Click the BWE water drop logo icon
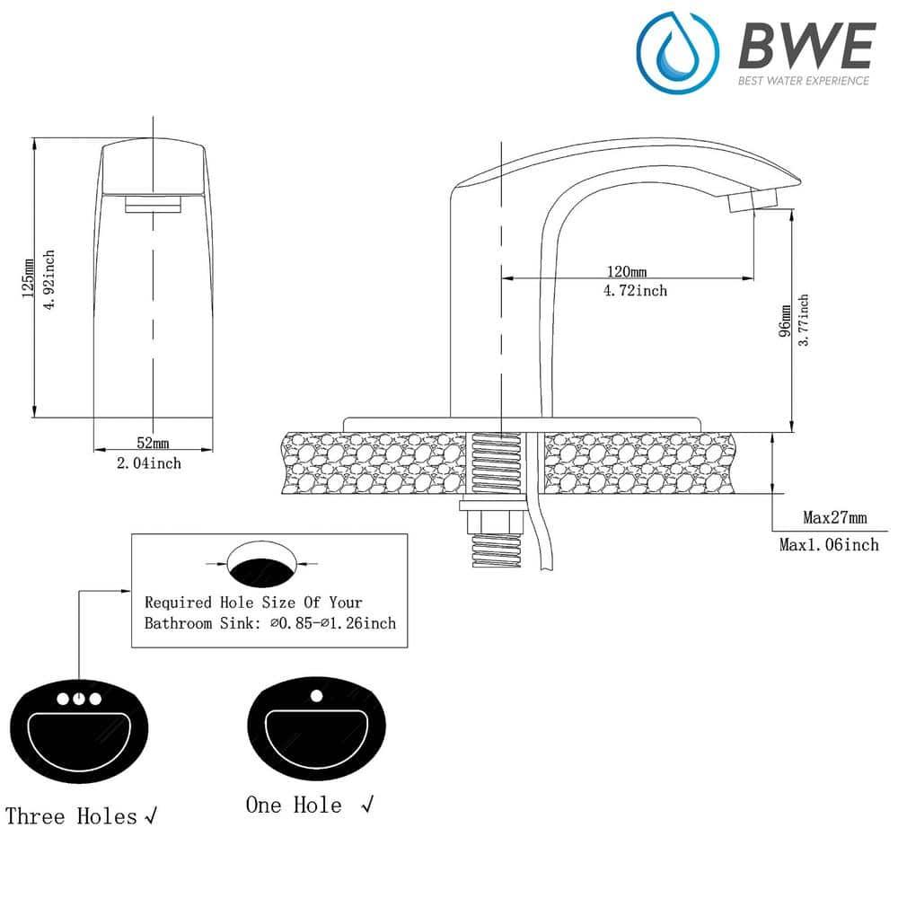coord(678,52)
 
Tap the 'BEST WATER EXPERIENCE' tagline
coord(803,81)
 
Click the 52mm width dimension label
coord(153,443)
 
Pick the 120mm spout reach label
coord(627,271)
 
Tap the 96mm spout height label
coord(785,321)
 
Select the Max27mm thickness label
coord(834,517)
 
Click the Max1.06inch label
coord(829,544)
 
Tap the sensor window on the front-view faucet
coord(154,205)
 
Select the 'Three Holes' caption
coord(72,816)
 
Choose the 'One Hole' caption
coord(295,805)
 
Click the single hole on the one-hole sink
coord(315,694)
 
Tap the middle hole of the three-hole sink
coord(80,699)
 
